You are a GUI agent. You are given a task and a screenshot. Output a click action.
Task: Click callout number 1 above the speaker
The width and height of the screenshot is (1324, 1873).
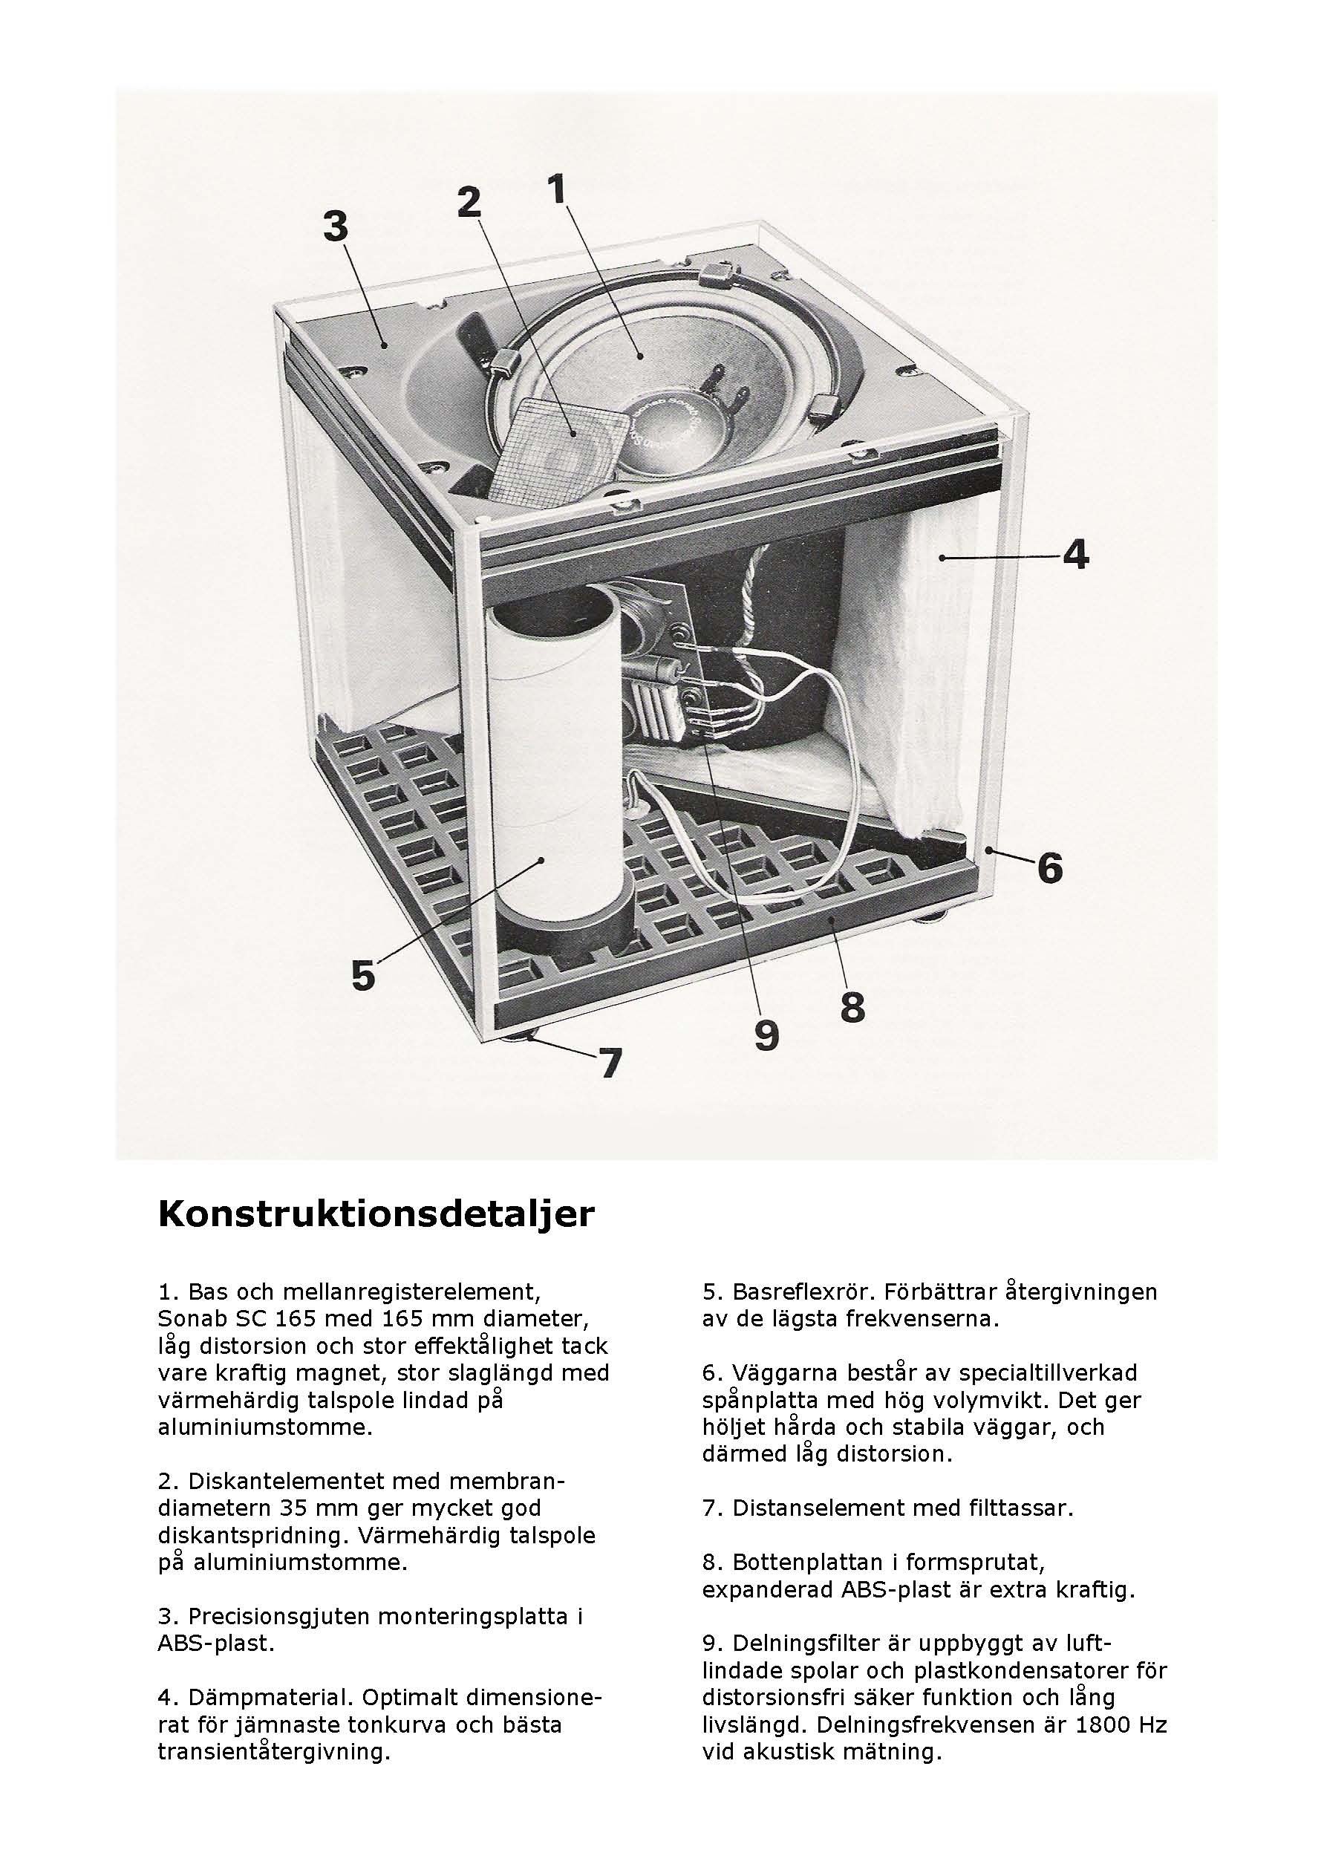tap(557, 189)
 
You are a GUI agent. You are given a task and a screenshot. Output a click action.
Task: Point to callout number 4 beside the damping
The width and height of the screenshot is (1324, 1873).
tap(1076, 556)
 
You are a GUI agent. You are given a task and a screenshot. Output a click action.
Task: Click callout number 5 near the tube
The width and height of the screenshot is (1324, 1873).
tap(363, 975)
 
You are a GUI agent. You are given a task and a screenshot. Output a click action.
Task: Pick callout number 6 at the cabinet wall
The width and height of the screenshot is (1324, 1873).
tap(1050, 868)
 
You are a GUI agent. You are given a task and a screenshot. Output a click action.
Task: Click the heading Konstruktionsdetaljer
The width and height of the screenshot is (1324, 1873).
tap(376, 1214)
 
